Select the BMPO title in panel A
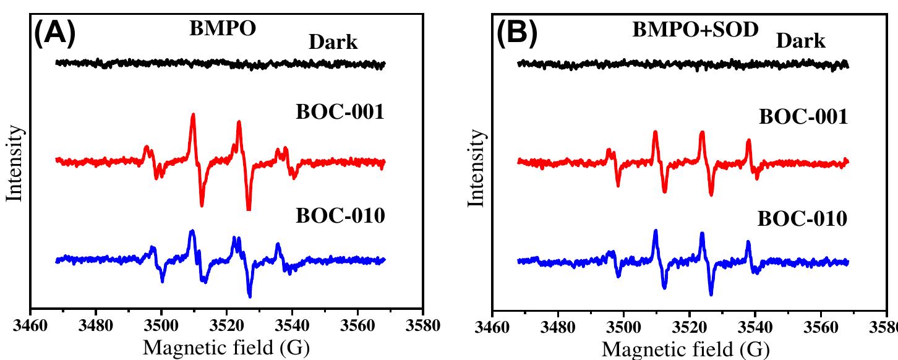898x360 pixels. [222, 29]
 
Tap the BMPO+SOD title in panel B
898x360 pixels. [695, 29]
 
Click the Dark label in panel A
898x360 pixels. [333, 42]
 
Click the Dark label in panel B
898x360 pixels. [800, 41]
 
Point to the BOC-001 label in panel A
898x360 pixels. [340, 112]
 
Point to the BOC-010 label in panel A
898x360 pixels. [340, 216]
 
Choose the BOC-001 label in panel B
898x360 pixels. [803, 116]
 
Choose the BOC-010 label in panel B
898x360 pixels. [802, 219]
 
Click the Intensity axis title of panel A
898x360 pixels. [15, 164]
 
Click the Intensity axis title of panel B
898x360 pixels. [477, 170]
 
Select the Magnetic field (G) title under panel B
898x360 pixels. [686, 349]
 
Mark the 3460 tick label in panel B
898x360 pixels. [492, 327]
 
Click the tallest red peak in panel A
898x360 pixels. [193, 115]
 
